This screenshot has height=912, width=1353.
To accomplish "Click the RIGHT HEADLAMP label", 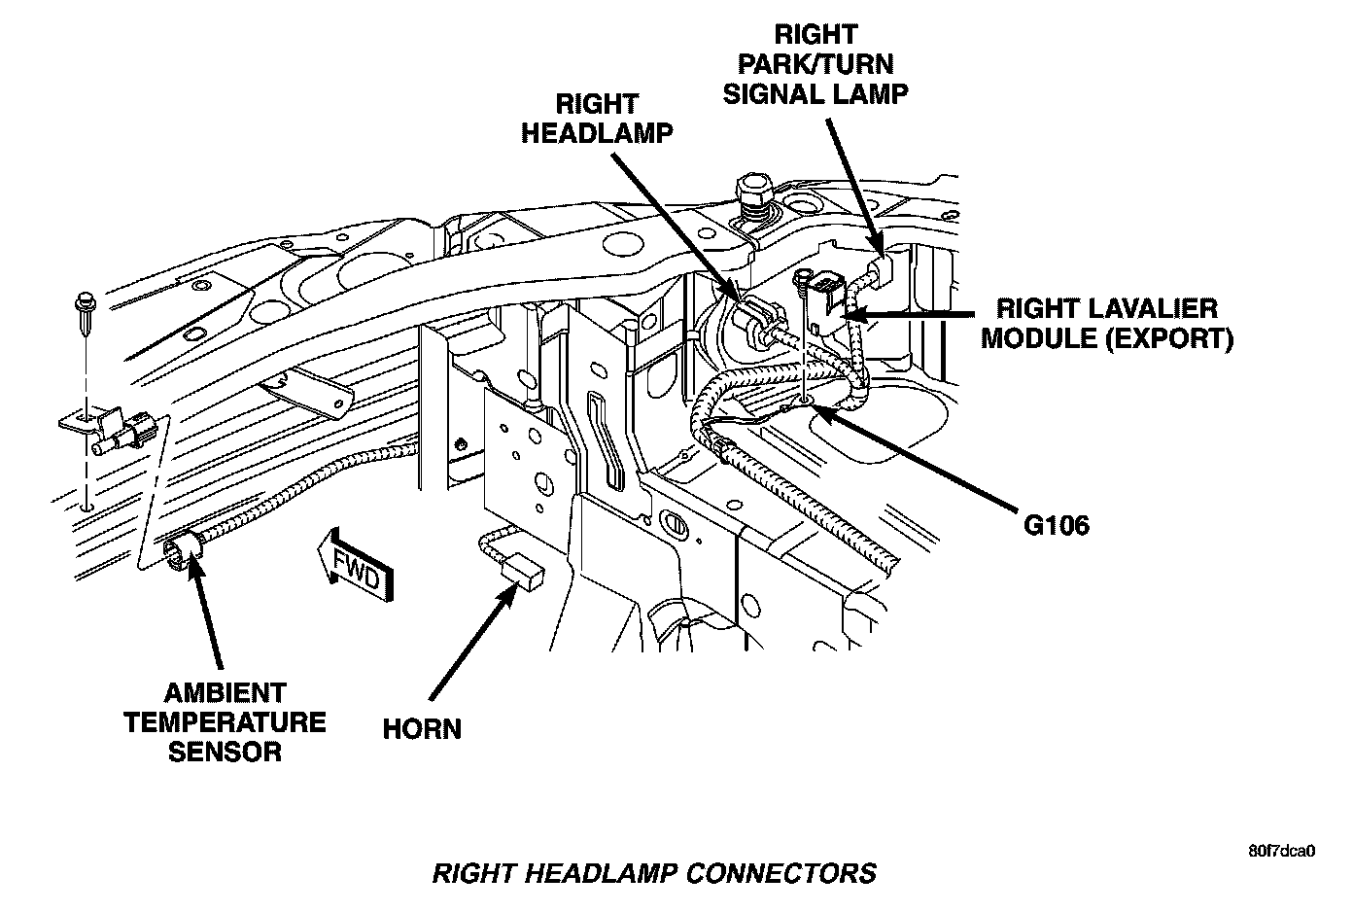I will pyautogui.click(x=597, y=118).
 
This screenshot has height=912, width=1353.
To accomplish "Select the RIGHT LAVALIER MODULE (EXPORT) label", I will pyautogui.click(x=1107, y=324).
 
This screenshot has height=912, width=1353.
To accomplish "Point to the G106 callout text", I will pyautogui.click(x=1057, y=525).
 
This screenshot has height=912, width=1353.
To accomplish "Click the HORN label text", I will pyautogui.click(x=422, y=728).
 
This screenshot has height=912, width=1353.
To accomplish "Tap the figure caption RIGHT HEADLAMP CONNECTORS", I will pyautogui.click(x=653, y=872).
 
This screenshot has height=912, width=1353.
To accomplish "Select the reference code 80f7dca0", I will pyautogui.click(x=1281, y=851).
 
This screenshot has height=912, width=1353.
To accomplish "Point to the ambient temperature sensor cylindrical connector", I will pyautogui.click(x=184, y=551).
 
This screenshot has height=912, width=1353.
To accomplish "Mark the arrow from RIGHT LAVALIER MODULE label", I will pyautogui.click(x=914, y=314).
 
